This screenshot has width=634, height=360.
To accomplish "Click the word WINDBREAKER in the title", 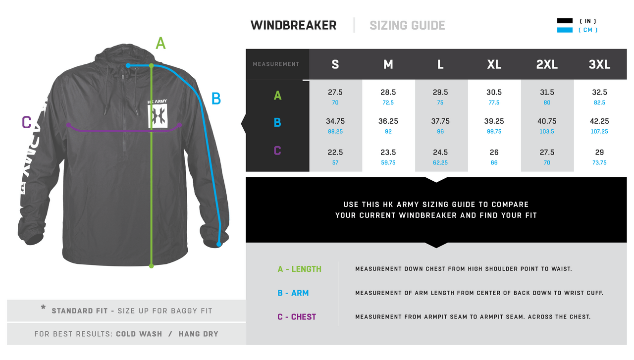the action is point(294,25).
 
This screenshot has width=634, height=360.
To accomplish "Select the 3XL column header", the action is point(599,64).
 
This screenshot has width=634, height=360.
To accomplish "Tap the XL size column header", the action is point(494,64).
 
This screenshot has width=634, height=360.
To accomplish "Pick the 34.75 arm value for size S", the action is point(335,121).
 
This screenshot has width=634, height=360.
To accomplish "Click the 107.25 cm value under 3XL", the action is point(599,131).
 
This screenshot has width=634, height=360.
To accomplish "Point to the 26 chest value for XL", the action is point(494,152).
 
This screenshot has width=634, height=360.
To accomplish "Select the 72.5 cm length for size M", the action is point(388,103).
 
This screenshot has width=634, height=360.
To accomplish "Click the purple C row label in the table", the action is point(277,151).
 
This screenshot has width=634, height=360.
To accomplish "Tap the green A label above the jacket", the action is point(160,43).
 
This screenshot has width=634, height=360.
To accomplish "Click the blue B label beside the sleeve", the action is point(216,99).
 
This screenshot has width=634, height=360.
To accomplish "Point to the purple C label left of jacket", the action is point(27,122).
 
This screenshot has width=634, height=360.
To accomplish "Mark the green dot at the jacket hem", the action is point(152,266).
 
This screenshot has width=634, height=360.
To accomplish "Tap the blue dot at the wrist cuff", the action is point(219,244).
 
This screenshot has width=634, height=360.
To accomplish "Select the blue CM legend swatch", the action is point(565,30).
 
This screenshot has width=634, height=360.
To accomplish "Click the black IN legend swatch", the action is point(565,21).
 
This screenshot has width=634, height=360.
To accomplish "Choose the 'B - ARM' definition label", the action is point(293,293).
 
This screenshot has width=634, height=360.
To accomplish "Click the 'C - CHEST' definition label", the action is point(297,317).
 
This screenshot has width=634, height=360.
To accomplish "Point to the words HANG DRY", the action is point(199,334).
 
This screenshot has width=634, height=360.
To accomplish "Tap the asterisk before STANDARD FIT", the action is point(43,307).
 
